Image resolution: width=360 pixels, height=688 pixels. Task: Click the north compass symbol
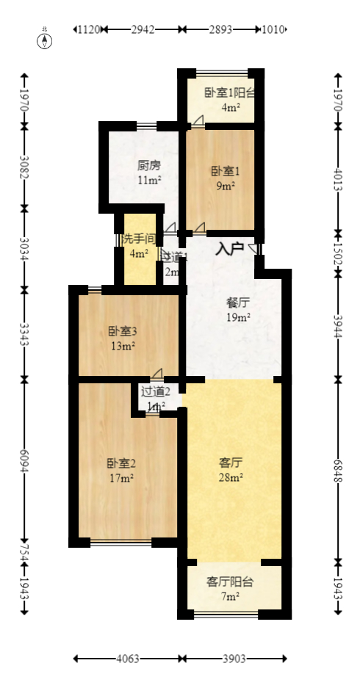45,40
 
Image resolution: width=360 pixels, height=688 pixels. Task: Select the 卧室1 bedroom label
224,171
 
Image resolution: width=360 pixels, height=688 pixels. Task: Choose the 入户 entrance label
229,250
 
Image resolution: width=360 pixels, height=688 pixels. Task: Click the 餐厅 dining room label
238,302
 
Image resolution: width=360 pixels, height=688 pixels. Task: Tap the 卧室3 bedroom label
121,330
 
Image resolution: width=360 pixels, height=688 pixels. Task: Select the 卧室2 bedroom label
121,463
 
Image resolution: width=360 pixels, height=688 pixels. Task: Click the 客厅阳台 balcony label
230,582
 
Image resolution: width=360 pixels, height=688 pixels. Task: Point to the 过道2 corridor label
156,391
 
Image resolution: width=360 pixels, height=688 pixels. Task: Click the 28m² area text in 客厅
231,478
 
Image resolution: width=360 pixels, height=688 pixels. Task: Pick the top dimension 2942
143,29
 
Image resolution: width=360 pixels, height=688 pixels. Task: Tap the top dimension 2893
220,29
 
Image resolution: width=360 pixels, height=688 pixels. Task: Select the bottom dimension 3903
234,659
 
